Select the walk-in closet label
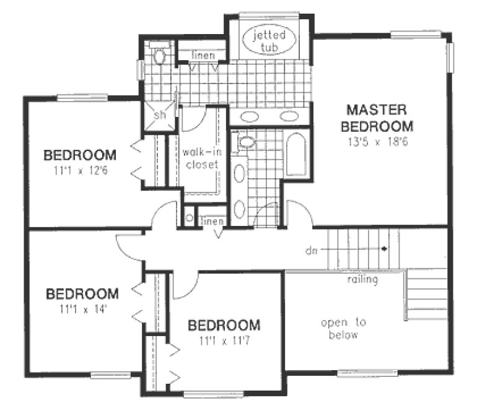[201, 158]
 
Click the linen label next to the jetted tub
[203, 56]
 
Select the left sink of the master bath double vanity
[249, 116]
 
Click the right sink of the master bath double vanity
[289, 116]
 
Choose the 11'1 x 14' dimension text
[82, 308]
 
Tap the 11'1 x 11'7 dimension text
[224, 340]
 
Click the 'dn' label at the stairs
[311, 251]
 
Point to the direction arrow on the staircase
[385, 249]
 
